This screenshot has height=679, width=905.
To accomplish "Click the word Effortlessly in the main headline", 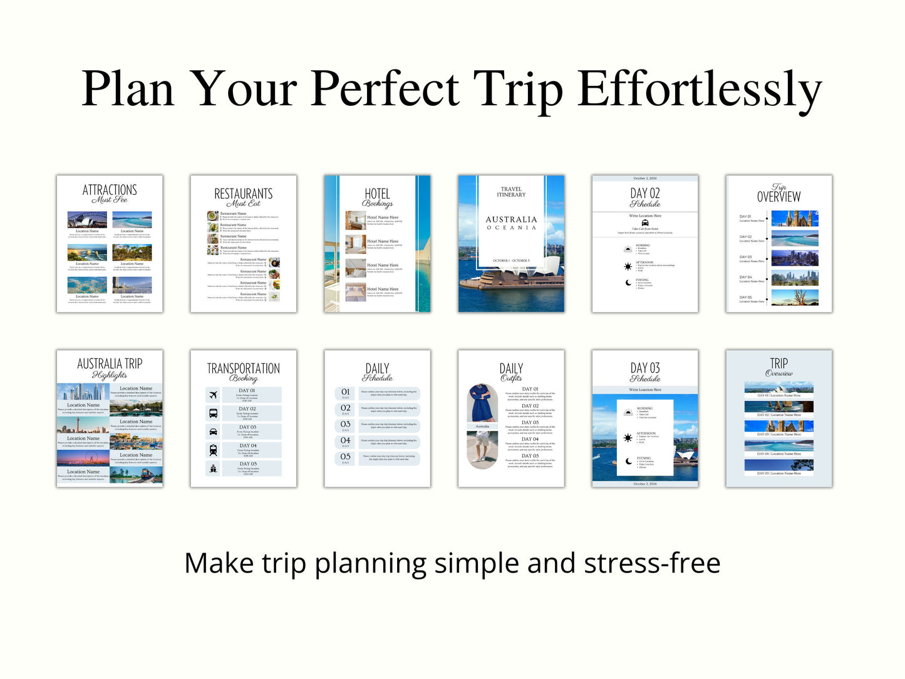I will point(699,89).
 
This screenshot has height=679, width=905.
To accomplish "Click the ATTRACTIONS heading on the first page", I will point(110,190).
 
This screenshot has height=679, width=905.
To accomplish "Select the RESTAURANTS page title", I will point(243,194).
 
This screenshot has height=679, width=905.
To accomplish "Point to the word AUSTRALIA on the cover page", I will point(511,219).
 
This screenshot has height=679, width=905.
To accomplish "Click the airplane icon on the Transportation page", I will point(213,395).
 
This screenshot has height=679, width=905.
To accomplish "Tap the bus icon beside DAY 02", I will point(213,413).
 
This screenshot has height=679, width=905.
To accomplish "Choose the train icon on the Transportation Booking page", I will point(213,450).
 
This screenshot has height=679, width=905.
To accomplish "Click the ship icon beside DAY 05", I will point(213,468).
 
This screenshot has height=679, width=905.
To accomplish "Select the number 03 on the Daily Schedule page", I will point(346,424).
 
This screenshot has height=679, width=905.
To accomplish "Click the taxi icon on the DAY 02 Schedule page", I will point(645,222).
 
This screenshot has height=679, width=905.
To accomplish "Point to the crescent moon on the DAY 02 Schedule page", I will point(628,283).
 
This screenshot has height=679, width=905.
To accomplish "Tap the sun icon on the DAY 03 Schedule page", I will point(628,438).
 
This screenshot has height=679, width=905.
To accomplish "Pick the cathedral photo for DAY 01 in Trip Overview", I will point(795,218).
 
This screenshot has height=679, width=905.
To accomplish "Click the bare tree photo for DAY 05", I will point(795,297).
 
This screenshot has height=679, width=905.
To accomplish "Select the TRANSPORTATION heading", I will point(243,368).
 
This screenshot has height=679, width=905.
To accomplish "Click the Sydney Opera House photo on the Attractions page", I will point(87,220).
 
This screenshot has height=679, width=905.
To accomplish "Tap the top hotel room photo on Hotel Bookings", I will point(355,220).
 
